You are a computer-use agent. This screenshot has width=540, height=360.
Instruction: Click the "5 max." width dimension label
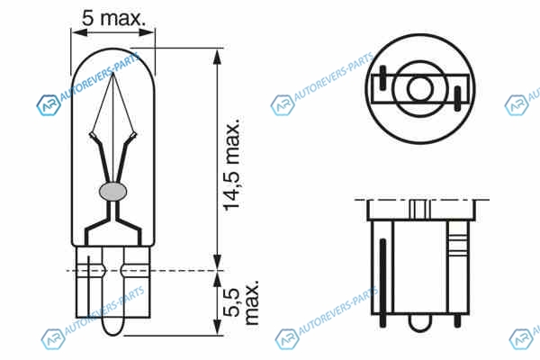114,18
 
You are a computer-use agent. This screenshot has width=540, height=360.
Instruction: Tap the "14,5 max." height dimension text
232,164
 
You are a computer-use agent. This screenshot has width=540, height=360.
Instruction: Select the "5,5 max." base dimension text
240,302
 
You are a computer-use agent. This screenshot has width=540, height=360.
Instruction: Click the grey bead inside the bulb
113,191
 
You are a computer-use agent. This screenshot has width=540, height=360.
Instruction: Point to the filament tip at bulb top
113,74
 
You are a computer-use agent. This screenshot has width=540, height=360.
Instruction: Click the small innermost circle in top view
419,88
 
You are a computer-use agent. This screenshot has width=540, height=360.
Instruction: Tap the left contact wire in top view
382,78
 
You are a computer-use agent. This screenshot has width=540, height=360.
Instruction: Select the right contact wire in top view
457,98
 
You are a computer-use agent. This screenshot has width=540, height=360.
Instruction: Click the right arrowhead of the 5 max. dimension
147,32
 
